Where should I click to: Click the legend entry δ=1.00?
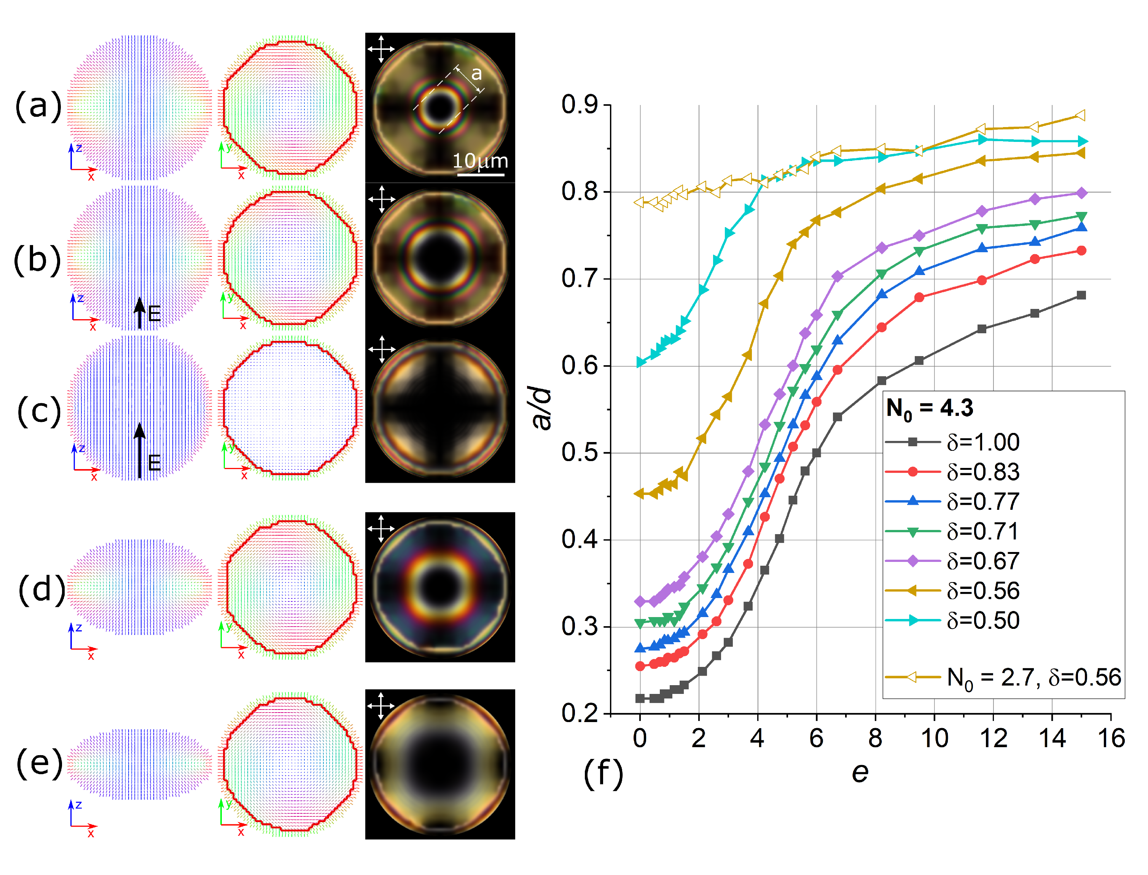952,442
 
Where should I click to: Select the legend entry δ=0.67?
952,561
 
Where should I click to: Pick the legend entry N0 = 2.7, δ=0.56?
1003,678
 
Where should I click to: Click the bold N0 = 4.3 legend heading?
930,409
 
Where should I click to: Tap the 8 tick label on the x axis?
875,738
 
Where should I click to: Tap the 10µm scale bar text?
480,161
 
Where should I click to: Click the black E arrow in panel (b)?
140,313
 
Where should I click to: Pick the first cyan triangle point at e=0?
641,363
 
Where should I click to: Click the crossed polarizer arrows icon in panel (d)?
381,529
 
